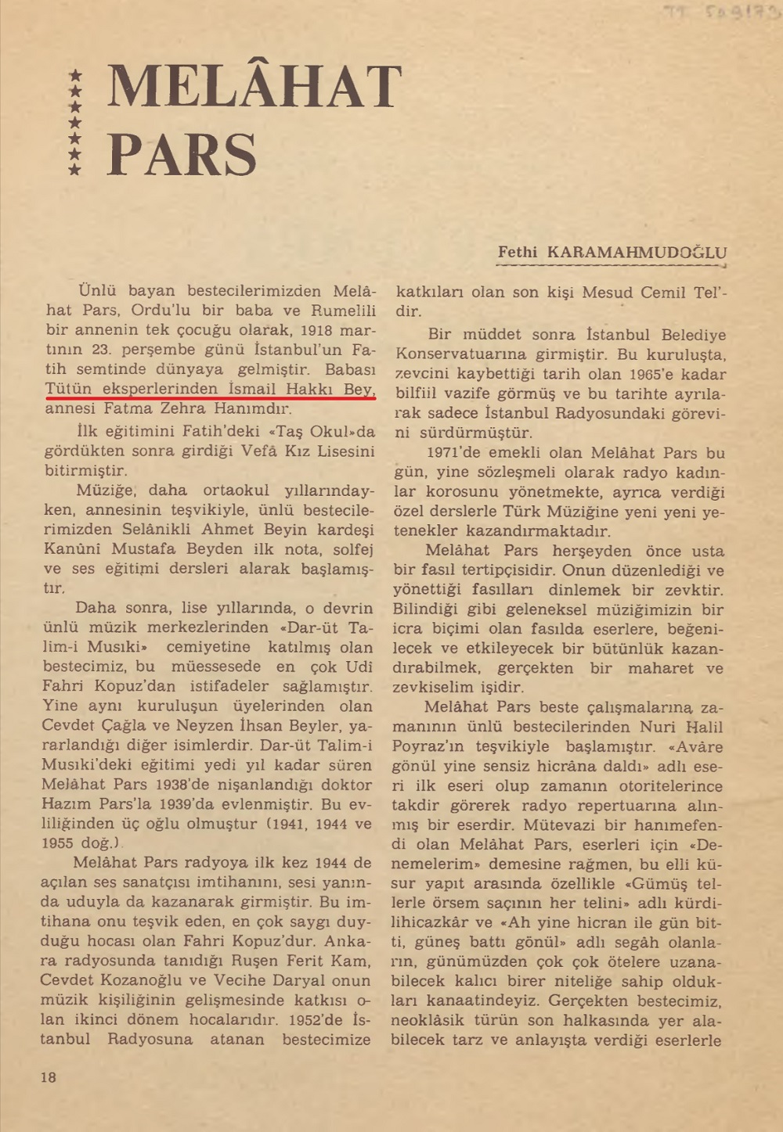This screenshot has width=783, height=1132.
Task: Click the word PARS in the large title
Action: tap(182, 154)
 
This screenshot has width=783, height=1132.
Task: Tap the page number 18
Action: tap(49, 1077)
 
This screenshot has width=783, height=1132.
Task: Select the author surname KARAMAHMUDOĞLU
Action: tap(637, 253)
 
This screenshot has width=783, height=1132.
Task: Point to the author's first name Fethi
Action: tap(518, 252)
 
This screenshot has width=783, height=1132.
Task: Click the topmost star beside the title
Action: tap(75, 75)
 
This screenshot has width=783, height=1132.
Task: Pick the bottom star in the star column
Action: tap(75, 169)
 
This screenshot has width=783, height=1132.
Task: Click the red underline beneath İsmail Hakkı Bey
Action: tap(210, 397)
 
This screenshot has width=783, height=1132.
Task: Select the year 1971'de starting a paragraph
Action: tap(454, 452)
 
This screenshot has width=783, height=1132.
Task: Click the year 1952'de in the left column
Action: tap(316, 1019)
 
